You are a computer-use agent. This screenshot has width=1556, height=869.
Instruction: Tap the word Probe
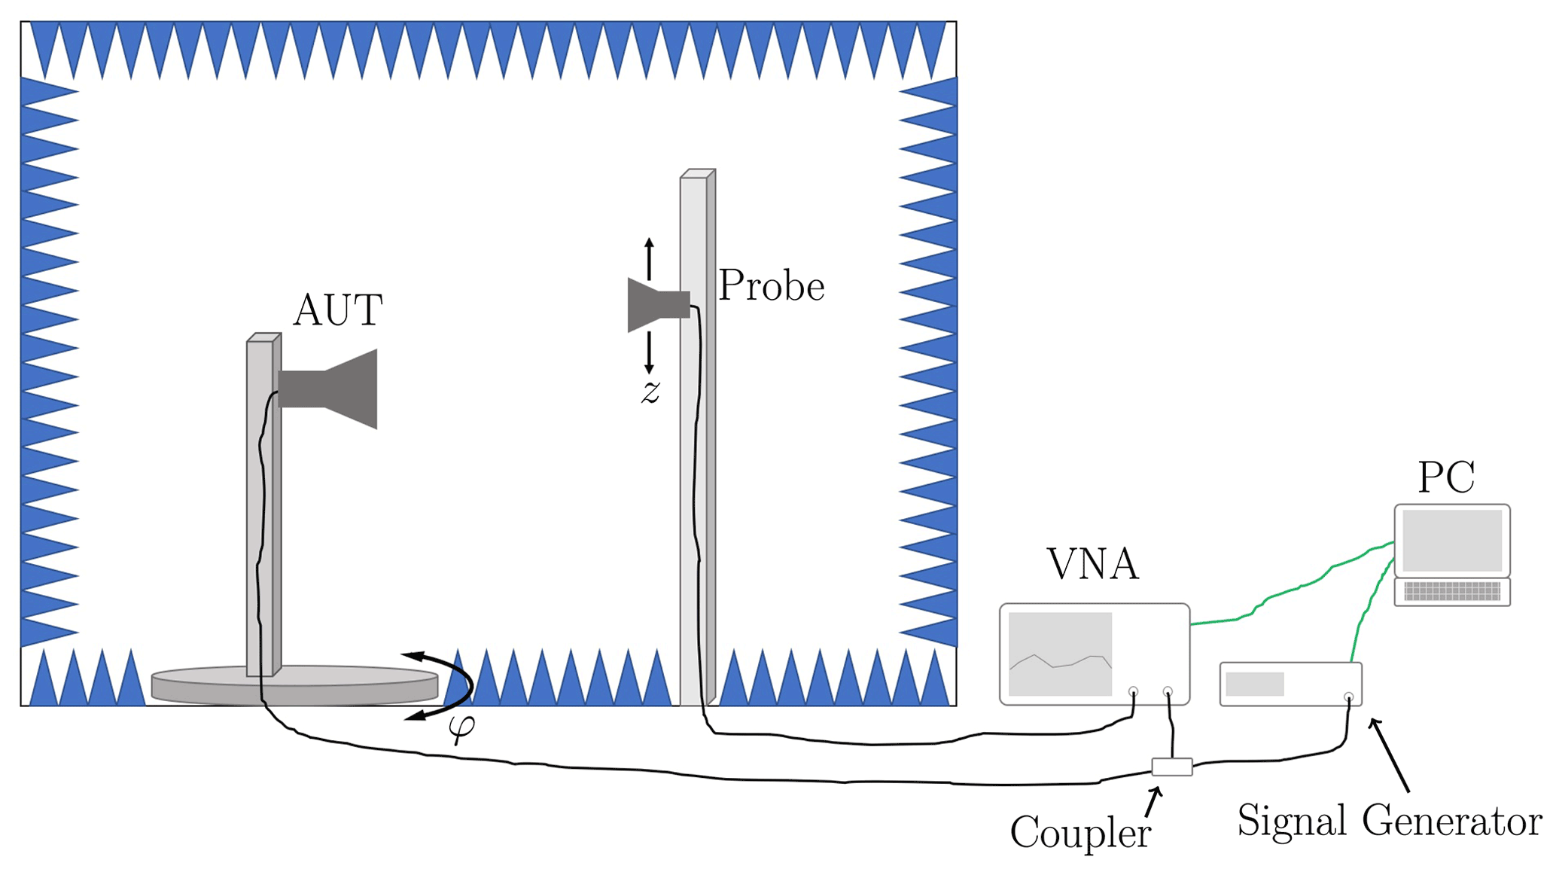click(771, 286)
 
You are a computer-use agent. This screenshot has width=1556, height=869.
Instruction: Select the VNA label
click(1092, 564)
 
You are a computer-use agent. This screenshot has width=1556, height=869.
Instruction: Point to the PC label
click(1446, 477)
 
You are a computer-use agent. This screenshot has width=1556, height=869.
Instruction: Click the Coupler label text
click(1080, 833)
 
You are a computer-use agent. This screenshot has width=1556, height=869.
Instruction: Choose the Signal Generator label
click(1389, 820)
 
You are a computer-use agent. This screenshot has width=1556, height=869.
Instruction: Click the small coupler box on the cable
click(1171, 767)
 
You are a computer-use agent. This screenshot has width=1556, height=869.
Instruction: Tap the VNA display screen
click(1060, 654)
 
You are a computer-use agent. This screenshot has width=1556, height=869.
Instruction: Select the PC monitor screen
click(1451, 540)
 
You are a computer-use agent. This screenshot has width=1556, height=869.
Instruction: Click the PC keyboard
click(1452, 592)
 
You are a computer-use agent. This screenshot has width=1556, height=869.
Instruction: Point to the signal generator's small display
click(1254, 684)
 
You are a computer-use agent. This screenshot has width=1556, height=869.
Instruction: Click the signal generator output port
click(1348, 697)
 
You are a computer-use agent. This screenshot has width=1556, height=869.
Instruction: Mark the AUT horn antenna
click(331, 389)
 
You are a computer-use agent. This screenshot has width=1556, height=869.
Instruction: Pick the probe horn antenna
click(656, 305)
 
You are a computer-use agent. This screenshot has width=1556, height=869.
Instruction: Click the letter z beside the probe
click(650, 392)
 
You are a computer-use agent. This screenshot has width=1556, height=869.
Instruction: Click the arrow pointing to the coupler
click(1153, 802)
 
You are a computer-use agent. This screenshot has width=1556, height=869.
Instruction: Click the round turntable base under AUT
click(294, 685)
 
